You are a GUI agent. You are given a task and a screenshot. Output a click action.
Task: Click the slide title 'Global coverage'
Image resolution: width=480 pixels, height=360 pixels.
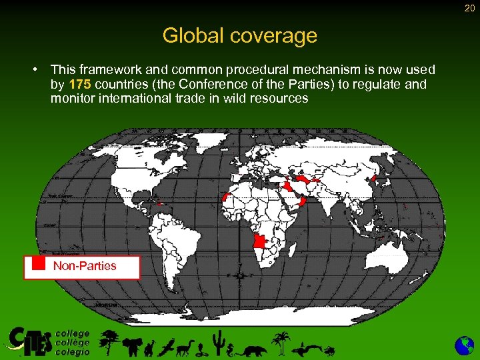[x=240, y=35]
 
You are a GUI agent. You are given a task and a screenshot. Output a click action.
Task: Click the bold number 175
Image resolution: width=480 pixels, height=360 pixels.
[x=81, y=84]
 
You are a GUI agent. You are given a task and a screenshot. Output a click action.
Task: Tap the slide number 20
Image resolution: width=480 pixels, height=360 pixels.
[x=469, y=7]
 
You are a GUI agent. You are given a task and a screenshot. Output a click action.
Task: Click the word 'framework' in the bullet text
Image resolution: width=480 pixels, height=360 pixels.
[x=106, y=69]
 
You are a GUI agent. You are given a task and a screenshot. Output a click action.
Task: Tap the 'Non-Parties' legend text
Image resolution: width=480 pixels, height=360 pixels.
[x=85, y=266]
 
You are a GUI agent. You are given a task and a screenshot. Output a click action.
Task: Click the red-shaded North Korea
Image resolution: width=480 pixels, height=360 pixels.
[x=375, y=178]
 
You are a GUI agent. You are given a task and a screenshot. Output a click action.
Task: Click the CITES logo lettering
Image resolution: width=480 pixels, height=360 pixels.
[x=30, y=341]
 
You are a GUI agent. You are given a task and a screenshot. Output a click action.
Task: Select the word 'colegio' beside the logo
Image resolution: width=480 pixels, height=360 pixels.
[x=73, y=351]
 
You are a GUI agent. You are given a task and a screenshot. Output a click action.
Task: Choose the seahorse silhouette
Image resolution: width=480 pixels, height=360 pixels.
[x=231, y=347]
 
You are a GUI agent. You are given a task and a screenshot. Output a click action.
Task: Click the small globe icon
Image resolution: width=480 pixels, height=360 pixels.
[x=464, y=345]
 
